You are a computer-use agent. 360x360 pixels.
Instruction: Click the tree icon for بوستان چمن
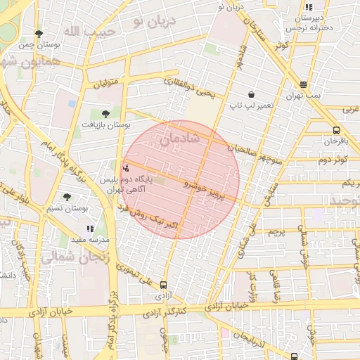pyautogui.click(x=39, y=33)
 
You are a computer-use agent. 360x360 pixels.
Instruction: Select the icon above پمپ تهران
pyautogui.click(x=303, y=83)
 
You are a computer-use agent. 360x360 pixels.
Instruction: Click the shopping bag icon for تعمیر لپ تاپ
pyautogui.click(x=251, y=94)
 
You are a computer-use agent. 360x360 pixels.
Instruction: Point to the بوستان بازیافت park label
pyautogui.click(x=106, y=124)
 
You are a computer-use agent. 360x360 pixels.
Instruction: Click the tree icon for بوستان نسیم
pyautogui.click(x=67, y=198)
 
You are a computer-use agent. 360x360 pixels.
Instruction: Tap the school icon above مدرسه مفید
pyautogui.click(x=90, y=229)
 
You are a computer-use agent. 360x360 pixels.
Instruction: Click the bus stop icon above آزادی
pyautogui.click(x=164, y=285)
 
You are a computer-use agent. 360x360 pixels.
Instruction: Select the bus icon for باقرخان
pyautogui.click(x=337, y=130)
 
